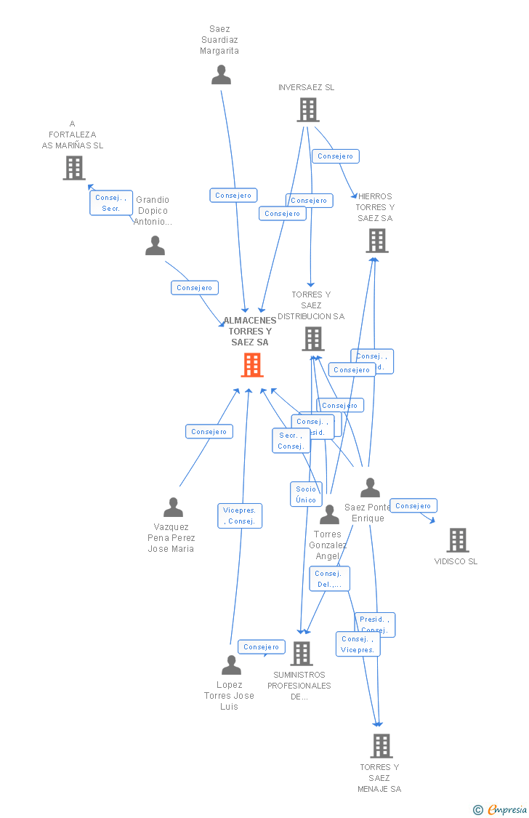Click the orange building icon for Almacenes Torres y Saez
pos(252,365)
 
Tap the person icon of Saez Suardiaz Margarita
pos(221,75)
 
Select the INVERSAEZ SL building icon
pos(308,110)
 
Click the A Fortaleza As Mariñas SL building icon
pos(73,168)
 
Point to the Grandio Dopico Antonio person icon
pos(155,246)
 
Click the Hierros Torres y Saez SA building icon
pos(376,241)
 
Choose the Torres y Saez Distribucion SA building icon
pos(313,339)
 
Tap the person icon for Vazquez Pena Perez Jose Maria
pos(173,507)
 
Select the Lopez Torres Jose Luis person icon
pos(231,665)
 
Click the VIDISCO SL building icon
pos(457,540)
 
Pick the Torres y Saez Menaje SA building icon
pos(381,746)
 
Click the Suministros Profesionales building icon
pos(302,654)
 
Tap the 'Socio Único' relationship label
pos(306,494)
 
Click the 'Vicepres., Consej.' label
pos(240,516)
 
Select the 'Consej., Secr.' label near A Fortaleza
pos(111,203)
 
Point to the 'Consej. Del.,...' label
pos(329,579)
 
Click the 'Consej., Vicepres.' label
pos(358,644)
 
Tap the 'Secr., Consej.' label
pos(291,441)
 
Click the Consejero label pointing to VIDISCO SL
pos(413,506)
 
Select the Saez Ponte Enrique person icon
pos(370,488)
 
